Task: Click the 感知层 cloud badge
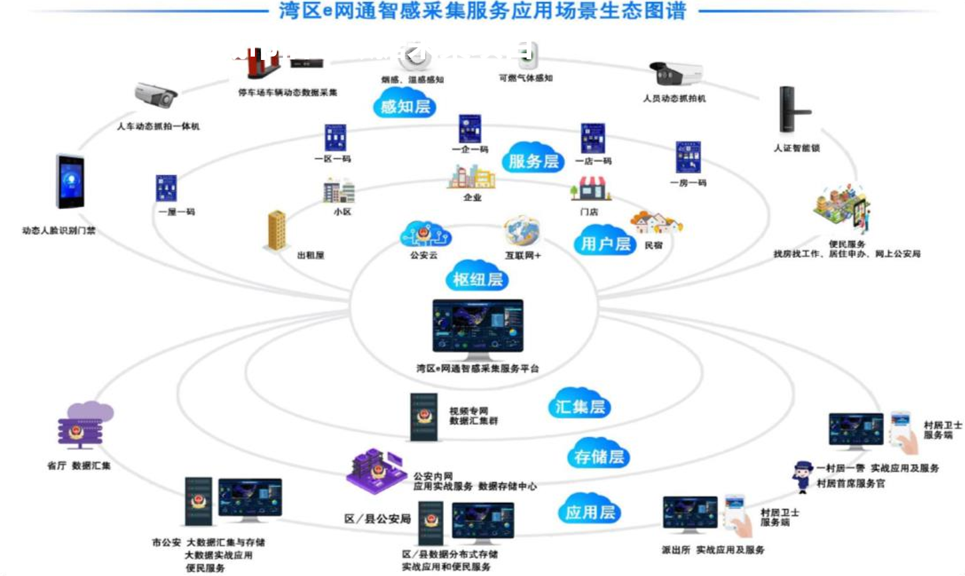(x=405, y=106)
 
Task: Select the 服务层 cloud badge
(x=533, y=160)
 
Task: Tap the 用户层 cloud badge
(x=605, y=243)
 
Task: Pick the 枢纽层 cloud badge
(x=477, y=279)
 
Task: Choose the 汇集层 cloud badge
(x=580, y=406)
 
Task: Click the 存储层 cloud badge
(x=599, y=456)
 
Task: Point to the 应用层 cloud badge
(x=590, y=511)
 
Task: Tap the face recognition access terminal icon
(x=70, y=182)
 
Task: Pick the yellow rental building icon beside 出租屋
(x=276, y=230)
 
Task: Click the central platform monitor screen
(x=478, y=326)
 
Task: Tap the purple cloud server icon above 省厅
(x=85, y=425)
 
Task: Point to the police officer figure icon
(x=802, y=475)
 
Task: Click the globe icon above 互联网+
(x=522, y=231)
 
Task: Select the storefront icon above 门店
(x=590, y=190)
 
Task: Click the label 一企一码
(x=470, y=150)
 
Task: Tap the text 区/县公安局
(x=377, y=519)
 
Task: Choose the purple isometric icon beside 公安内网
(x=375, y=469)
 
